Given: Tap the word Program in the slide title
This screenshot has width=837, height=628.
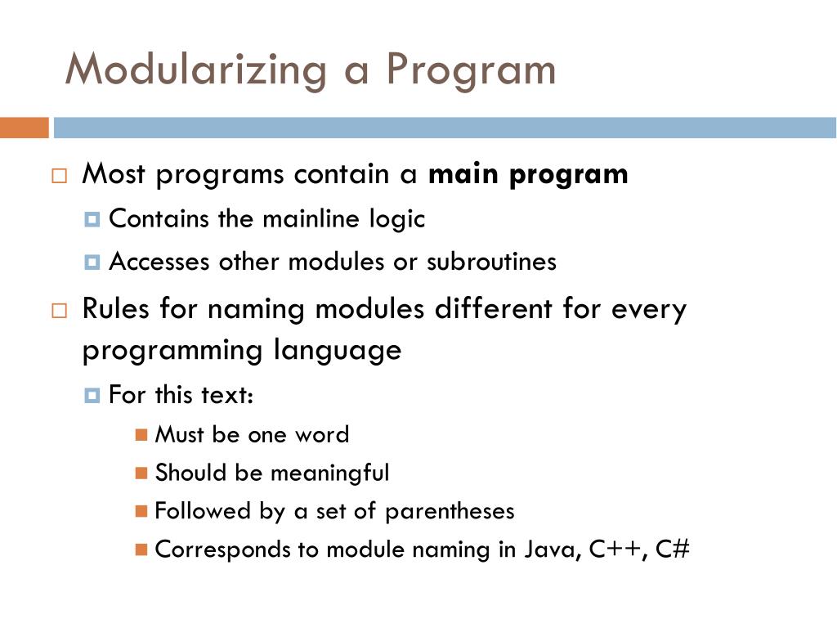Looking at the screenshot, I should click(x=471, y=70).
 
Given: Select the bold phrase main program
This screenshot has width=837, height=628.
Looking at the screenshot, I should click(x=528, y=175).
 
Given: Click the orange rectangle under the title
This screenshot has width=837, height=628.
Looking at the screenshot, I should click(x=25, y=128).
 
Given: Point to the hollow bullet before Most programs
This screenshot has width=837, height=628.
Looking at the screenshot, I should click(x=59, y=176).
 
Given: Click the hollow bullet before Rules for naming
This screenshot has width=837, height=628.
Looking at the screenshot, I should click(x=59, y=311).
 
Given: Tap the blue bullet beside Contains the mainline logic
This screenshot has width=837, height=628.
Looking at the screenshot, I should click(x=92, y=220).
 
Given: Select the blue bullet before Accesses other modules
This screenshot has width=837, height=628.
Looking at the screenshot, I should click(x=92, y=262).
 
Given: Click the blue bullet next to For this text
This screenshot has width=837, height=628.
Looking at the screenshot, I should click(x=92, y=397).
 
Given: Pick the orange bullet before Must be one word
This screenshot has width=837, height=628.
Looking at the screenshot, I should click(x=141, y=435).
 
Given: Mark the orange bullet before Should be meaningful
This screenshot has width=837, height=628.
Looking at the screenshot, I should click(x=141, y=473).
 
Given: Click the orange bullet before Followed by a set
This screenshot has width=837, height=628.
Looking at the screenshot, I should click(x=141, y=512).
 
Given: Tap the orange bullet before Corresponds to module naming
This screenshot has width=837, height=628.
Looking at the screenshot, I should click(x=141, y=549).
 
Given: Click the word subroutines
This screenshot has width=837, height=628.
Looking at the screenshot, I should click(x=491, y=262).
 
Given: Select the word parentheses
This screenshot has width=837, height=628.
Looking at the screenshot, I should click(x=450, y=512).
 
